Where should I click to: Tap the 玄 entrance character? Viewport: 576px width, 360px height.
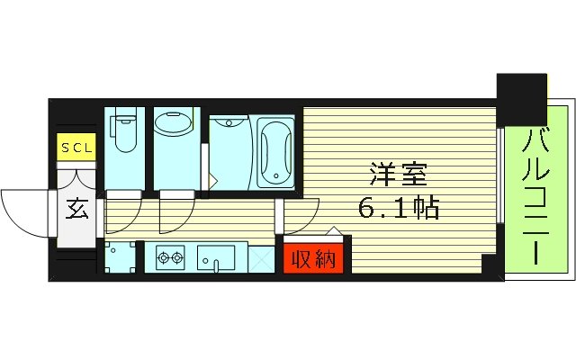click(x=76, y=210)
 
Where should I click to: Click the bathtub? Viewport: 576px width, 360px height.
click(x=274, y=151)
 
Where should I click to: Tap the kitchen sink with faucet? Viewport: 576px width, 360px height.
click(x=216, y=259)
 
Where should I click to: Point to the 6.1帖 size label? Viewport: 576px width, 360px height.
click(x=398, y=210)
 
